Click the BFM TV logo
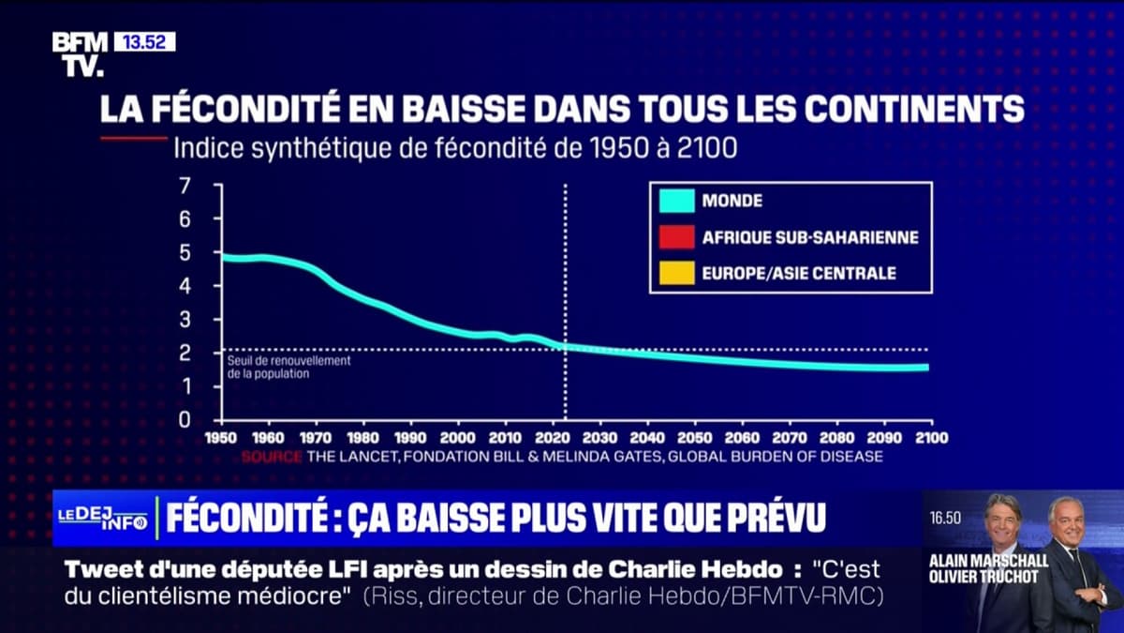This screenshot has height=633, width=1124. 80,53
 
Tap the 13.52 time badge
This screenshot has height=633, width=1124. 144,41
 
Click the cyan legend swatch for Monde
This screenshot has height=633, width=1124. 676,200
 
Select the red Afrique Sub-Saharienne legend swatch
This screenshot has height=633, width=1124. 676,237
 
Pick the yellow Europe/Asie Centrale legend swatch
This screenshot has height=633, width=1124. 676,274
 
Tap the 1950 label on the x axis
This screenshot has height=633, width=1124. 222,438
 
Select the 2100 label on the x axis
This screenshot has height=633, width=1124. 929,438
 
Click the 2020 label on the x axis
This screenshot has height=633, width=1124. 552,438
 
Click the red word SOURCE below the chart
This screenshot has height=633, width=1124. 272,457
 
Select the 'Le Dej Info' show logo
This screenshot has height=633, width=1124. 102,519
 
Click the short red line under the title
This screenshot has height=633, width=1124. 132,139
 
